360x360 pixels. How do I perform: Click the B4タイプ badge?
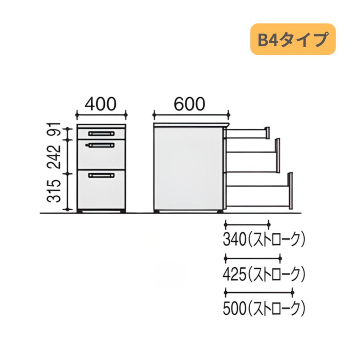pyautogui.click(x=293, y=39)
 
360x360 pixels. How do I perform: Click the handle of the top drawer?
pyautogui.click(x=102, y=134)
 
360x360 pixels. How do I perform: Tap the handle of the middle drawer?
pyautogui.click(x=102, y=145)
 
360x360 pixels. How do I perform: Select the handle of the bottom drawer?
pyautogui.click(x=102, y=175)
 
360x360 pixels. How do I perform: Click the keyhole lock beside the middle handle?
pyautogui.click(x=86, y=145)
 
